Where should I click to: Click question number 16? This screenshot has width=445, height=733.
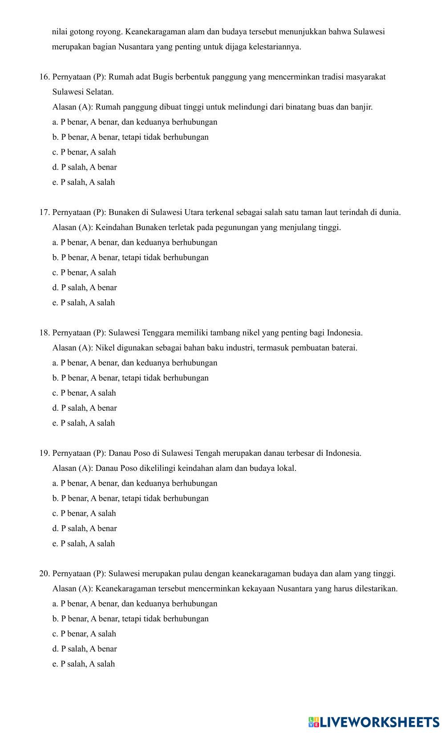[44, 77]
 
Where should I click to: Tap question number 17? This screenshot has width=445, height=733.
[44, 212]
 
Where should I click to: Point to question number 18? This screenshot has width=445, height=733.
[44, 333]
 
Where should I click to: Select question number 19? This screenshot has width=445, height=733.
[44, 453]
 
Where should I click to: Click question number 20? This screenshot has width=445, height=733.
[44, 574]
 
